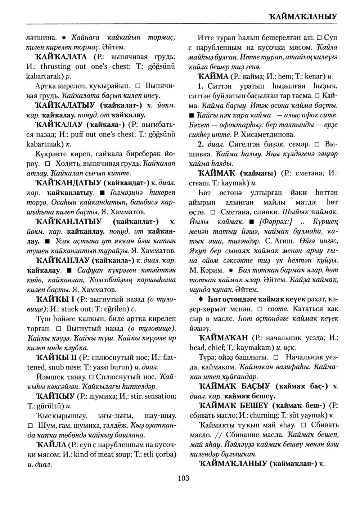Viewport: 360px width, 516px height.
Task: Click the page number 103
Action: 183,478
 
